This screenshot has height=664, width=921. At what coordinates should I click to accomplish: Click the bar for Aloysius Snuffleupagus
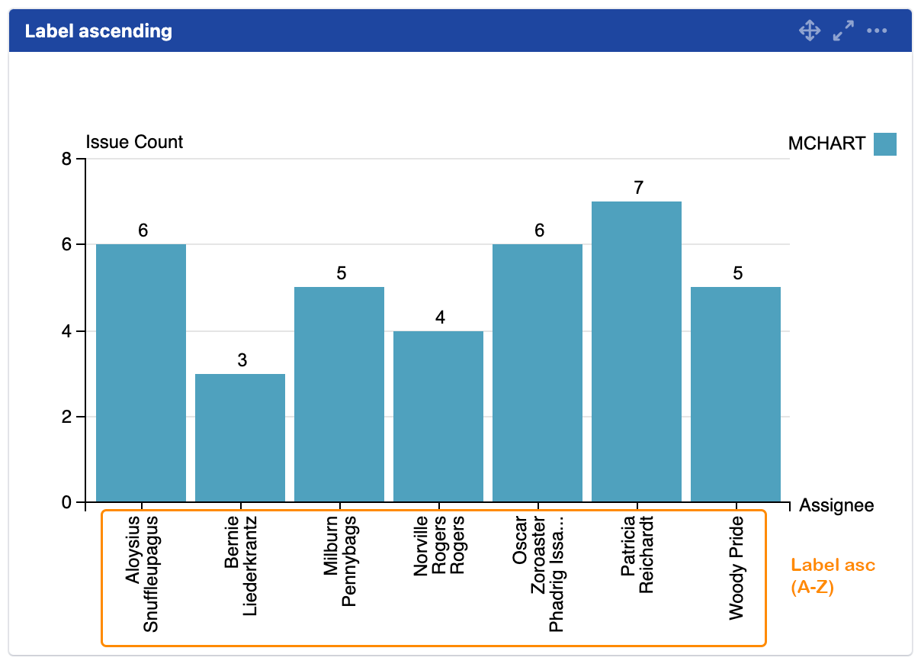point(141,373)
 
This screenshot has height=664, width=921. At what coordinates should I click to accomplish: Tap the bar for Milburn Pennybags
point(339,395)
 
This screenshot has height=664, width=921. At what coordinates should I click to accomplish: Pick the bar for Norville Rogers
point(438,416)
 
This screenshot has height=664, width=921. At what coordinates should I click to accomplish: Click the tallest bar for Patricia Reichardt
point(637,352)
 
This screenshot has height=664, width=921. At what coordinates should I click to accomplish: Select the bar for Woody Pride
point(736,395)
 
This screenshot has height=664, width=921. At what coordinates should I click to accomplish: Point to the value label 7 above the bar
point(639,187)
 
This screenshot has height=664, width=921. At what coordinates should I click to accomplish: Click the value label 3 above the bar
point(242,359)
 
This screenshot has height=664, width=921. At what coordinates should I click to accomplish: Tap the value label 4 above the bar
point(440,317)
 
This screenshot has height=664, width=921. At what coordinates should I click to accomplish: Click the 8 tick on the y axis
point(66,160)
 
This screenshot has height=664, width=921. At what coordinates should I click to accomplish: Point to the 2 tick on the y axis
point(66,417)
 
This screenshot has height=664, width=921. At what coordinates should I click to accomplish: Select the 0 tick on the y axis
point(66,503)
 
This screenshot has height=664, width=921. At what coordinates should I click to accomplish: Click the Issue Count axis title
point(134,142)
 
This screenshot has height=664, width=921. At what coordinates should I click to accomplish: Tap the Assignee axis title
point(836,505)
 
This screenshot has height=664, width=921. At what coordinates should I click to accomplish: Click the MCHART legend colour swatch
point(885,143)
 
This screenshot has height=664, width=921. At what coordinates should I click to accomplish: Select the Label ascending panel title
point(98,31)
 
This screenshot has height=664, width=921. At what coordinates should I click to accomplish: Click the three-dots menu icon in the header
point(877,31)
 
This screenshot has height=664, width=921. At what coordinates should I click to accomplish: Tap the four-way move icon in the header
point(809,31)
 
